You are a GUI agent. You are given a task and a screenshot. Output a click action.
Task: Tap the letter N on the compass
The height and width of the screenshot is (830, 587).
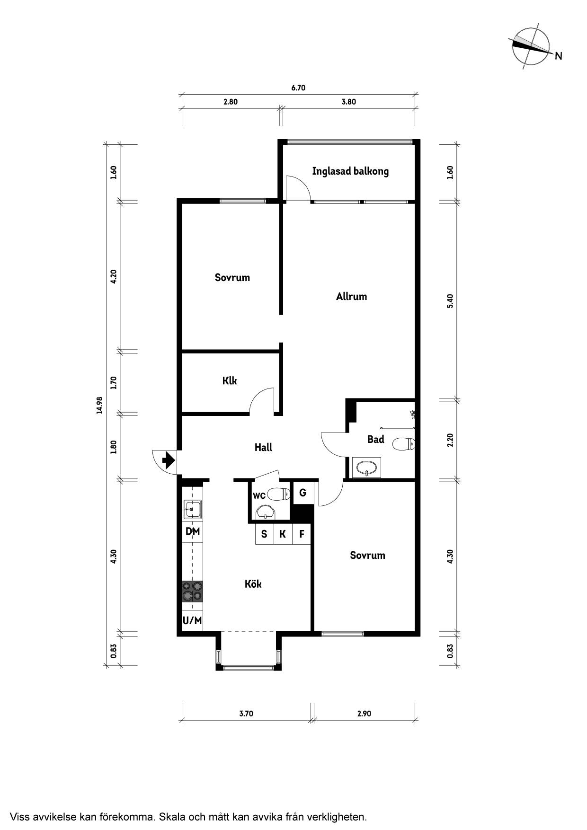(x=559, y=56)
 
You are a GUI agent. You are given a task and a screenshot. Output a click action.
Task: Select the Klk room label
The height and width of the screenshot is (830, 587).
(x=230, y=380)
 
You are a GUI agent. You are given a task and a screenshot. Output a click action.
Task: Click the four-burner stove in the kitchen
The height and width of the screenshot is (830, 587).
(x=193, y=592)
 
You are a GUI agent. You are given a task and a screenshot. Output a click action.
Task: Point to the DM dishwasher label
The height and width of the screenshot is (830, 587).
(x=193, y=531)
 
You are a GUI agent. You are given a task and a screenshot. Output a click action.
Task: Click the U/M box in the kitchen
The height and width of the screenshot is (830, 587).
(x=193, y=620)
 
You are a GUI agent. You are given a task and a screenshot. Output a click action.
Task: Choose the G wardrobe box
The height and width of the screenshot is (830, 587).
(x=302, y=493)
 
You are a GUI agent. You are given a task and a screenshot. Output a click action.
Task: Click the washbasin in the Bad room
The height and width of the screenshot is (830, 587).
(x=367, y=468)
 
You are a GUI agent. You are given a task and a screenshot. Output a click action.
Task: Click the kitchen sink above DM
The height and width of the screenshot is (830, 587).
(x=193, y=510)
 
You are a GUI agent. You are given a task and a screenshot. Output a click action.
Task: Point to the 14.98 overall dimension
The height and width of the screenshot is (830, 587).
(x=99, y=405)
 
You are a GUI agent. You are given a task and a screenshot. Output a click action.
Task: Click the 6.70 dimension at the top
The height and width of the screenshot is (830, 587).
(x=298, y=88)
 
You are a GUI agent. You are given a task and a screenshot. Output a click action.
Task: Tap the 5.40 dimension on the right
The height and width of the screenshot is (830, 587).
(x=450, y=301)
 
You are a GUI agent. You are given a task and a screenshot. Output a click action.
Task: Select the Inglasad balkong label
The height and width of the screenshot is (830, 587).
(x=350, y=171)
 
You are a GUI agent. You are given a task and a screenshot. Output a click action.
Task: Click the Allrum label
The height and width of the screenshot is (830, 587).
(x=351, y=297)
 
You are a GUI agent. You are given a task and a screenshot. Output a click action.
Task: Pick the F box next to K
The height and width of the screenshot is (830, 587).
(x=302, y=534)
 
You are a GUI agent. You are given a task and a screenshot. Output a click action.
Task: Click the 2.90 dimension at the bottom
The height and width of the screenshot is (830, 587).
(x=364, y=714)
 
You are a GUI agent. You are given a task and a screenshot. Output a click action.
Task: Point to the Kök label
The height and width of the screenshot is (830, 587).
(x=253, y=584)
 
